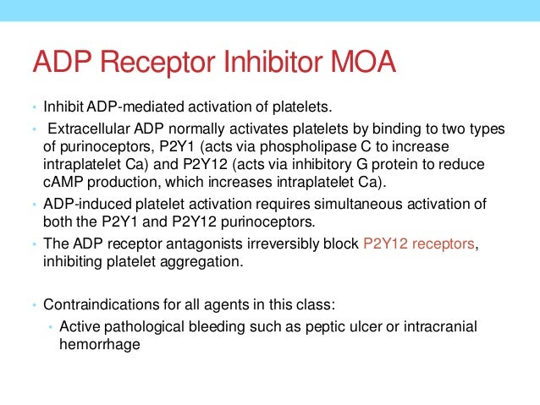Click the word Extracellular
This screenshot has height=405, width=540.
[85, 129]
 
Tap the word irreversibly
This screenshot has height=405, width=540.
[280, 244]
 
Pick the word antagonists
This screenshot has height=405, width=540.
[201, 244]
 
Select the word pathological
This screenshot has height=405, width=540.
[143, 328]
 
